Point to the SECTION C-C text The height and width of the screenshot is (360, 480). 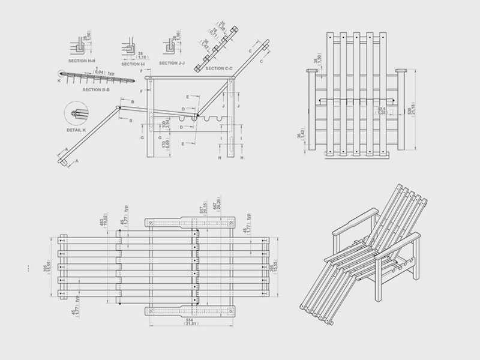click(x=219, y=68)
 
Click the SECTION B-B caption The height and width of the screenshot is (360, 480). click(x=95, y=89)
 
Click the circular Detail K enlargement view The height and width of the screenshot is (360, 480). click(x=76, y=113)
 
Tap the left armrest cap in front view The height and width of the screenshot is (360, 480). click(x=312, y=71)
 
